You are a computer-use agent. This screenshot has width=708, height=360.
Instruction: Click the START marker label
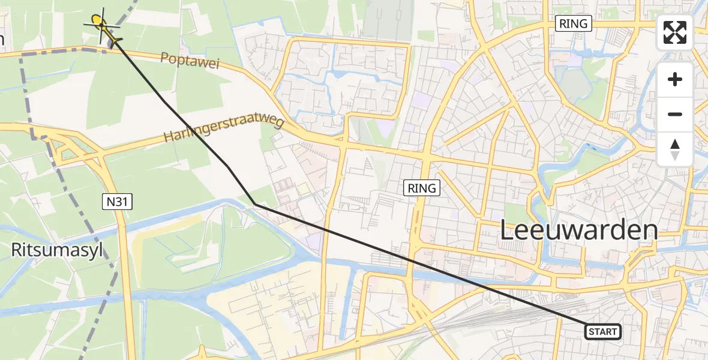pos(602,331)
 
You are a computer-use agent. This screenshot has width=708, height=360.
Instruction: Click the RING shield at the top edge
pos(574,24)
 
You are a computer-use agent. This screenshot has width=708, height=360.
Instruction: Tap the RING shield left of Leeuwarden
pos(422,188)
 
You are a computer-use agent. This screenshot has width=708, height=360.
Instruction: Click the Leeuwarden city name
pos(578,231)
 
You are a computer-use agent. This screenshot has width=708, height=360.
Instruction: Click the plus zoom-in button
pos(675,79)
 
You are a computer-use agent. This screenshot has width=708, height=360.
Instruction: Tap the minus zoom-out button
pos(675,114)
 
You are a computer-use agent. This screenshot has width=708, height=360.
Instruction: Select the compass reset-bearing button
pos(675,149)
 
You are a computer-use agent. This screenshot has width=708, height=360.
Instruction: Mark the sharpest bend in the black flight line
pos(255,205)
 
